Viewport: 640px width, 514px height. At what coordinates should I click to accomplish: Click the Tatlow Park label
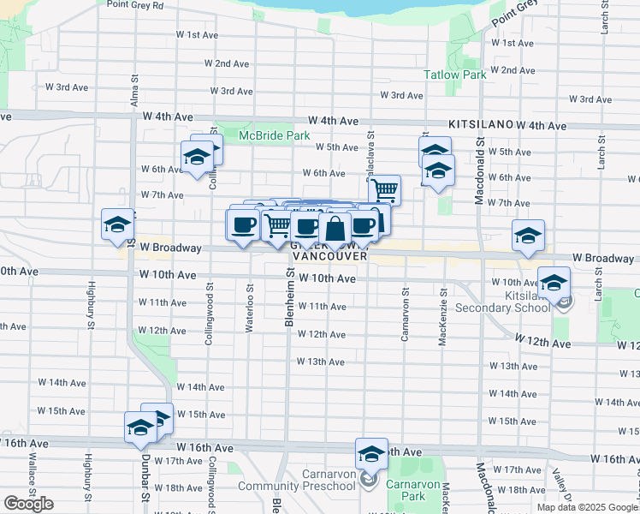[x=455, y=75]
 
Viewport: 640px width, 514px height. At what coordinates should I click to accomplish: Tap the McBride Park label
[x=274, y=135]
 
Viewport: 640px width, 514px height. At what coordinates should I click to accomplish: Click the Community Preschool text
[x=297, y=487]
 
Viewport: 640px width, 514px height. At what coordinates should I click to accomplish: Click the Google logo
[x=28, y=504]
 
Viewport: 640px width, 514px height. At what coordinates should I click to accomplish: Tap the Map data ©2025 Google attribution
[x=587, y=507]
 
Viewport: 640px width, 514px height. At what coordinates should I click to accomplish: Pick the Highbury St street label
[x=89, y=305]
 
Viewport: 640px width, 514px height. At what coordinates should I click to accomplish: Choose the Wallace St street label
[x=32, y=499]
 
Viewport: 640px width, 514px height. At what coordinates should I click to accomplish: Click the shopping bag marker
[x=335, y=228]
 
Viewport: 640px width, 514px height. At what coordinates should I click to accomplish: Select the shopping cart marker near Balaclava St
[x=385, y=189]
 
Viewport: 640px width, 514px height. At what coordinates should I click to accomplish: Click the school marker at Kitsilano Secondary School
[x=553, y=282]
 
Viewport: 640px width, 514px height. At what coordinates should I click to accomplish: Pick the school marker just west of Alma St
[x=117, y=224]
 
